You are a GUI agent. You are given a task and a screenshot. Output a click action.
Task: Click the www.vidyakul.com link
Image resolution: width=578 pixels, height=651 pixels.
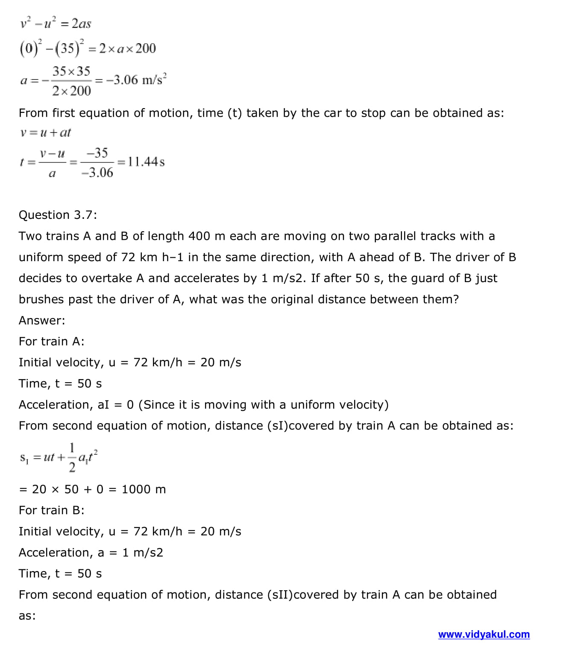point(484,634)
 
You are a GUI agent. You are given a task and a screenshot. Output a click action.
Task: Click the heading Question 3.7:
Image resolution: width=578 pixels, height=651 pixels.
point(58,215)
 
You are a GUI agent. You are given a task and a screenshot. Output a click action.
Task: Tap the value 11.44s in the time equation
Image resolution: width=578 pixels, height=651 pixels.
point(146,162)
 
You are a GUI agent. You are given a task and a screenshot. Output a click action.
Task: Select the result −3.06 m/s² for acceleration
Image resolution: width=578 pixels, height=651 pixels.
point(136,80)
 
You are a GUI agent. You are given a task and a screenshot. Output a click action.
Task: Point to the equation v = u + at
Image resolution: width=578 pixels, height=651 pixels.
point(45,133)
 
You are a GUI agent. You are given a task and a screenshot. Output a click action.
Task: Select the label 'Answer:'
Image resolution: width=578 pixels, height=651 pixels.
point(42,320)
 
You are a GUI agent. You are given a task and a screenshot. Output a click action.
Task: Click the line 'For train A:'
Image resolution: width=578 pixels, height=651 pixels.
point(51,341)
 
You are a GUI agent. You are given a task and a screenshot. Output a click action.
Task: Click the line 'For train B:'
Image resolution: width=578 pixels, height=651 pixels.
point(51,510)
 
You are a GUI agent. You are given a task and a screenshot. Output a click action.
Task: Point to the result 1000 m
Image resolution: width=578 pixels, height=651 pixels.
point(144,489)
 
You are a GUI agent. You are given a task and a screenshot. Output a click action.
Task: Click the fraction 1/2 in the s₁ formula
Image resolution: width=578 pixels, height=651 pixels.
point(72,457)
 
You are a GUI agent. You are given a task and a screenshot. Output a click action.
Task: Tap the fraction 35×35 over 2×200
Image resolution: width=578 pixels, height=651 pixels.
point(71,80)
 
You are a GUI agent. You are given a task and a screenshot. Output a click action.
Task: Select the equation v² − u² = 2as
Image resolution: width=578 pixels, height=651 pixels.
point(56,23)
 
